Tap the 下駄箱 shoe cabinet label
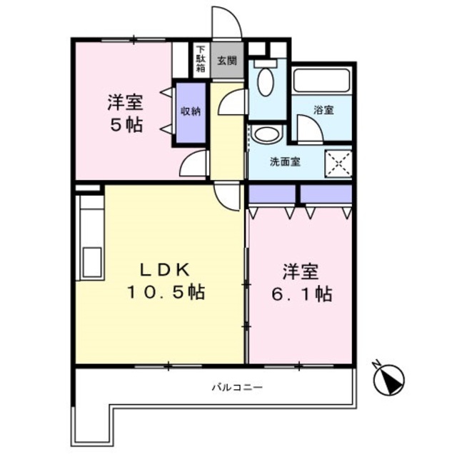click(201, 59)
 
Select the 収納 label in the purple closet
click(189, 111)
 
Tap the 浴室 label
click(323, 110)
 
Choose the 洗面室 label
click(284, 161)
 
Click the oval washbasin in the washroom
click(267, 134)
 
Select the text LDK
click(163, 270)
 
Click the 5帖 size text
click(125, 125)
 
